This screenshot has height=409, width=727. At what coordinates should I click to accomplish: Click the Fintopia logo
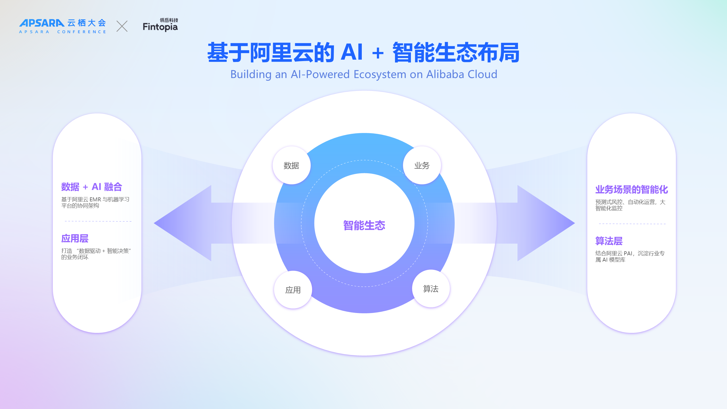click(x=160, y=25)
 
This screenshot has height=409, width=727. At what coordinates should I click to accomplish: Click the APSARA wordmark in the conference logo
click(x=42, y=23)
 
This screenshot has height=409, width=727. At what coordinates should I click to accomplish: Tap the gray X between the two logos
click(x=122, y=26)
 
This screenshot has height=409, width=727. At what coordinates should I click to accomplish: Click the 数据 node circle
click(x=291, y=165)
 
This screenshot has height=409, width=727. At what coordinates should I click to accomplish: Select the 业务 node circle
click(x=422, y=165)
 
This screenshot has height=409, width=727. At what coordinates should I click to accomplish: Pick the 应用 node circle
click(x=293, y=290)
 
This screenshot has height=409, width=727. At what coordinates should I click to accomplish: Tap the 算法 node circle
click(x=431, y=289)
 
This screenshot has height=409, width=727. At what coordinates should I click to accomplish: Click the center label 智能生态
click(x=364, y=226)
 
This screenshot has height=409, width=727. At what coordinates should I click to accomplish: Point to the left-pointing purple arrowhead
click(x=183, y=223)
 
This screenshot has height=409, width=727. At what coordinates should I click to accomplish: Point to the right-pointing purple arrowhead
click(x=546, y=223)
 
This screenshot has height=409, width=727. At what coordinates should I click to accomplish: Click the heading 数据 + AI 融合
click(x=92, y=187)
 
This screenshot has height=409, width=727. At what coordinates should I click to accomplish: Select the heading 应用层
click(x=75, y=239)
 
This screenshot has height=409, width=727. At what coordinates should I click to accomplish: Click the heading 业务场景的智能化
click(x=632, y=189)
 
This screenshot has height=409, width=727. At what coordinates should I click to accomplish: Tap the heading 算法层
click(x=609, y=241)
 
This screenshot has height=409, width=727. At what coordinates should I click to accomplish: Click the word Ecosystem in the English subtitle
click(x=380, y=74)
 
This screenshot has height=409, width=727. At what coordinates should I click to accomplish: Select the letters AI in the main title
click(x=352, y=52)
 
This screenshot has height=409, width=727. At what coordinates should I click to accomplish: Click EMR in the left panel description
click(x=95, y=200)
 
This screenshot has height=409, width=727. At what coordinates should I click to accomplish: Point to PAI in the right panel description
click(x=628, y=254)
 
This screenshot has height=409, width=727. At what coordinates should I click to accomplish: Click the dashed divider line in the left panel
click(x=98, y=221)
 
